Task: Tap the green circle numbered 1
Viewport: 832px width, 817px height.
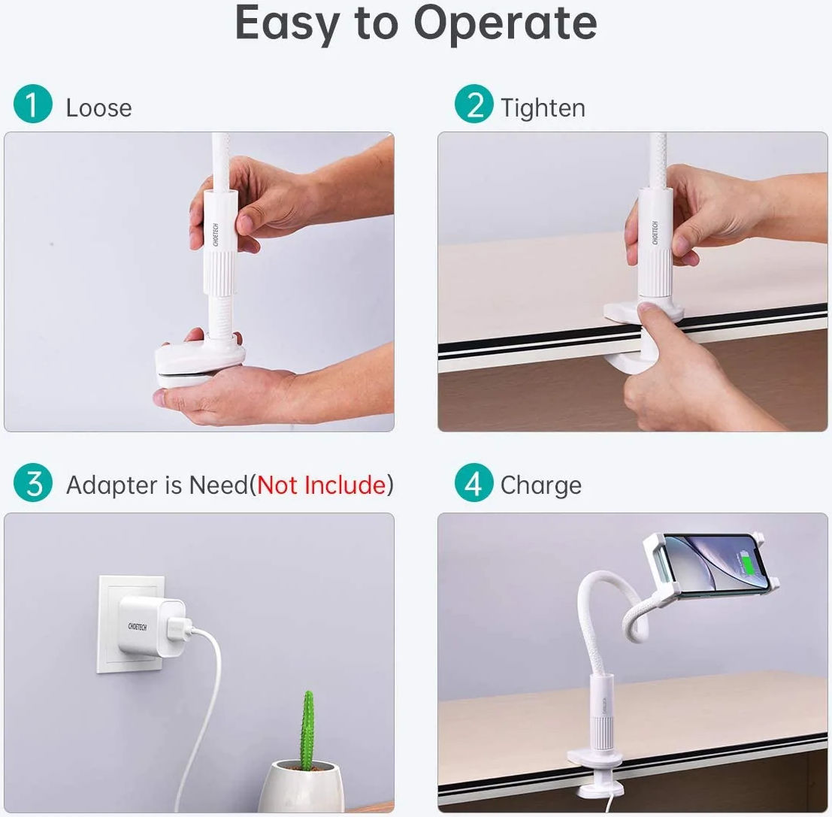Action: pos(33,104)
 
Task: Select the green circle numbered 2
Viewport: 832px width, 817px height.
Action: pos(473,104)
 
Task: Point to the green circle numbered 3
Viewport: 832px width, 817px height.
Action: pos(33,483)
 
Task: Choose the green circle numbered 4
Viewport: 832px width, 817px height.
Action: pos(473,483)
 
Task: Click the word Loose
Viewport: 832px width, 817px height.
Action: pos(98,108)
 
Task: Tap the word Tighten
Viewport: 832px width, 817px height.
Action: pos(543,109)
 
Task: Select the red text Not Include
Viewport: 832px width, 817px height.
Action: pos(322,485)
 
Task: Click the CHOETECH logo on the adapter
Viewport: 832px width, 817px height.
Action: pos(137,627)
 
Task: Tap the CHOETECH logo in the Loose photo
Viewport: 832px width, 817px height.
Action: pos(216,234)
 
